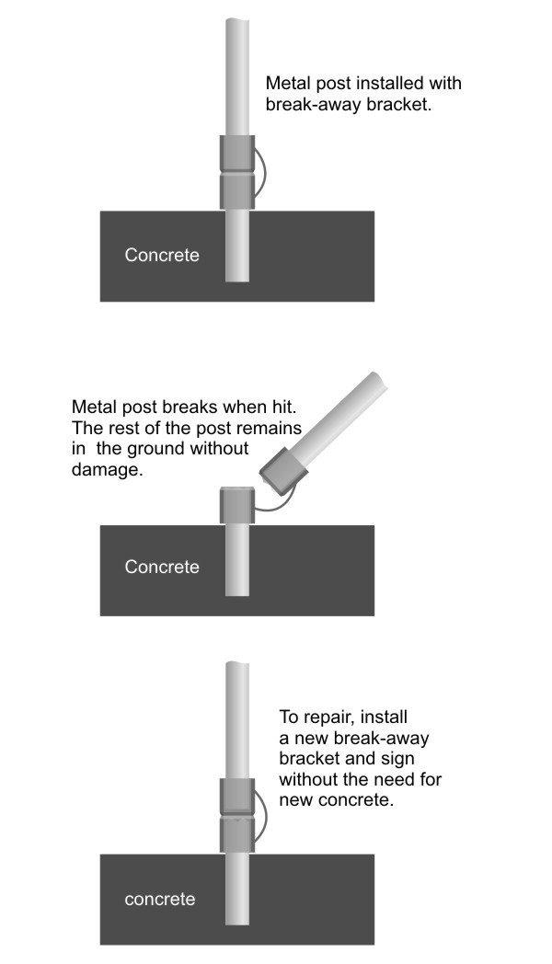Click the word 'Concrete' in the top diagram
tap(162, 255)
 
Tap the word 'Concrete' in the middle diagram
tap(162, 567)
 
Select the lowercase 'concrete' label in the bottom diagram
tap(160, 900)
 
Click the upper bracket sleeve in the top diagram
tap(237, 153)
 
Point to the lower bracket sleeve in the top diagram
tap(237, 191)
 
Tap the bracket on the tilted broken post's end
tap(282, 472)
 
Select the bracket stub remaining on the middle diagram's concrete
tap(237, 505)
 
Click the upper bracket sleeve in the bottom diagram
tap(237, 798)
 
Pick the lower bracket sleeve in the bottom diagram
tap(237, 835)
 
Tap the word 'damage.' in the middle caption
tap(107, 470)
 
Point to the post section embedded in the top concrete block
tap(237, 246)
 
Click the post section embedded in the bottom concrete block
tap(237, 889)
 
